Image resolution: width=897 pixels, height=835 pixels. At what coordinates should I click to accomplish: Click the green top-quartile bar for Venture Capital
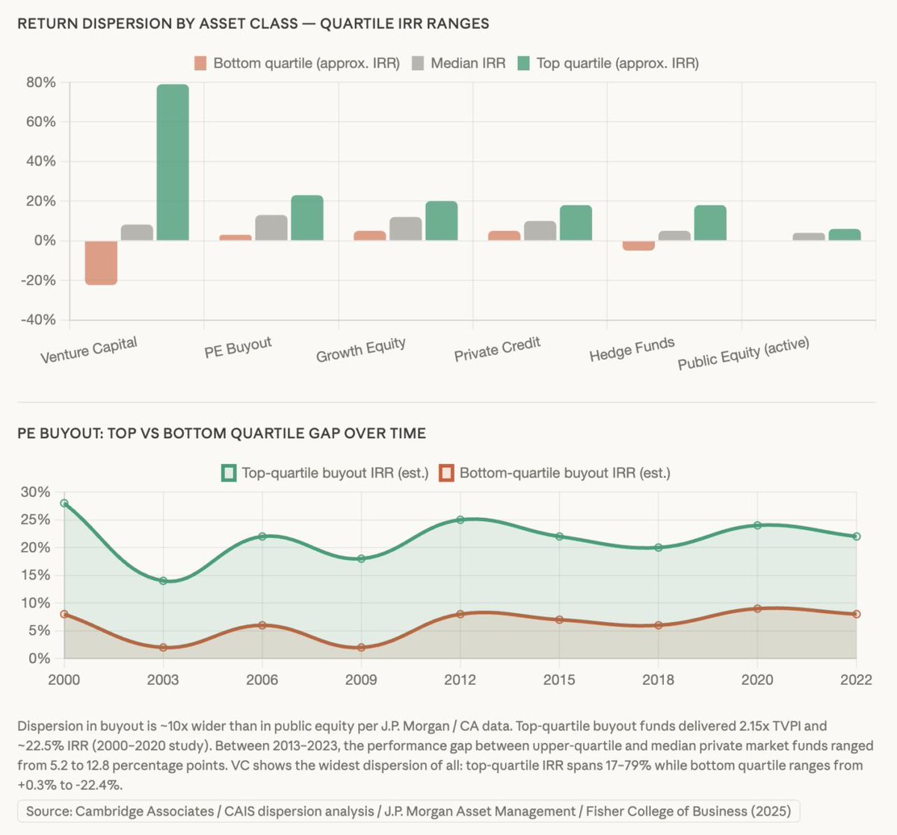point(172,162)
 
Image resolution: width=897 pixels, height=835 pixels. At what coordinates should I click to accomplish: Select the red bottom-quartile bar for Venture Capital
point(101,262)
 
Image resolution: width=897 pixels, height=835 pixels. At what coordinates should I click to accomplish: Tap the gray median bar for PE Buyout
point(271,228)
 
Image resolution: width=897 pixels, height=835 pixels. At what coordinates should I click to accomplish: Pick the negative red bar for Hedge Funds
point(638,245)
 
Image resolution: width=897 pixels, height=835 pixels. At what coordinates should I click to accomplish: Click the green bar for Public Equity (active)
point(845,235)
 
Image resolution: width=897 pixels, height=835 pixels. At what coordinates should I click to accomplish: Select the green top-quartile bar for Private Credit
point(576,223)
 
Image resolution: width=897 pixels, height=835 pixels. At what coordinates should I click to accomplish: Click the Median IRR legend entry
point(459,64)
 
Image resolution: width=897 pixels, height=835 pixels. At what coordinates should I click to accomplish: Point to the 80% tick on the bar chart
point(41,82)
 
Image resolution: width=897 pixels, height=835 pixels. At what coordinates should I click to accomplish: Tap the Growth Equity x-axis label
point(360,350)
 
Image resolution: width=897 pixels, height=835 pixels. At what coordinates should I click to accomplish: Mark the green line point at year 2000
point(64,503)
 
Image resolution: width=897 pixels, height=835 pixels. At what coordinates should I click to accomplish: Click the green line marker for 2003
point(163,581)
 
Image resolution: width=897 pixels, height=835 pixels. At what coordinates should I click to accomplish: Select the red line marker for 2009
point(361,647)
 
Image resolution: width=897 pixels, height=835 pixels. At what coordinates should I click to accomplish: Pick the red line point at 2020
point(757,608)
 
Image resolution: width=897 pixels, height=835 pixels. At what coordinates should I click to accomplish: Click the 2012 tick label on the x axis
point(460,680)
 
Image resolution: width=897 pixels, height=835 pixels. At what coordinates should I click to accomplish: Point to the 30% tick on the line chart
point(35,492)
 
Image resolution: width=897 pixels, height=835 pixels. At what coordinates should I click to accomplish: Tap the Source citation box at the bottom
point(408,811)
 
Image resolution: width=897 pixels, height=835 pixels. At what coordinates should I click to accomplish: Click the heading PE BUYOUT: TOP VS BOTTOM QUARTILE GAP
point(221,434)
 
